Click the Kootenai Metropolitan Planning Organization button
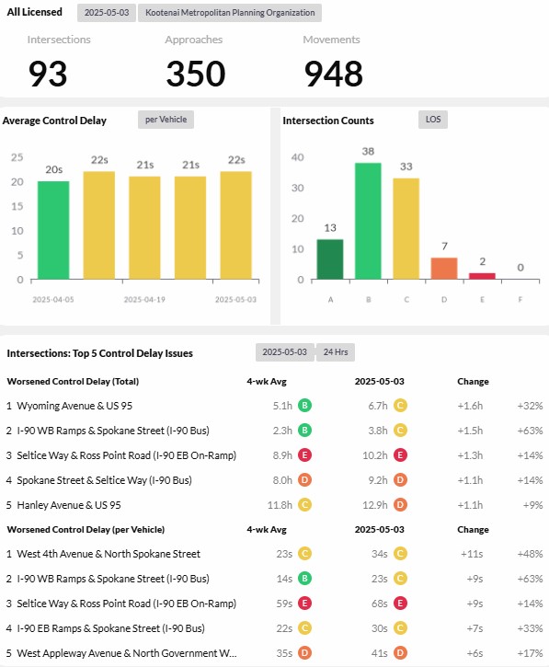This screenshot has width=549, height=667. [x=230, y=13]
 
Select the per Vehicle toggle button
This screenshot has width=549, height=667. [x=166, y=120]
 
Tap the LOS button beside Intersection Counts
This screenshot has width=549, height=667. [x=433, y=120]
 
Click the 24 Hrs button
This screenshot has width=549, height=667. [x=336, y=352]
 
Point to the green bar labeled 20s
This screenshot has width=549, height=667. [x=53, y=230]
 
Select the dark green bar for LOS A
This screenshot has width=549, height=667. [x=330, y=259]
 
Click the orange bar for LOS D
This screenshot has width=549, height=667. [x=444, y=269]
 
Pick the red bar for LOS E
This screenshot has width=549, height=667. [x=482, y=276]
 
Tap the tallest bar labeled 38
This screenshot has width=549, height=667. [x=368, y=221]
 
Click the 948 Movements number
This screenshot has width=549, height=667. [x=334, y=74]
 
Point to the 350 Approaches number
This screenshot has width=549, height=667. [x=196, y=74]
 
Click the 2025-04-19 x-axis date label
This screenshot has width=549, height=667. [x=144, y=300]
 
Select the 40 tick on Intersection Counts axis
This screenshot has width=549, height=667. [x=298, y=157]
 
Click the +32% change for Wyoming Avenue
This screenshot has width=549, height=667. [x=530, y=406]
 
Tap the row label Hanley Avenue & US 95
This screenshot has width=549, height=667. [x=69, y=505]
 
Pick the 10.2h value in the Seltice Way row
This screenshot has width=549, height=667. [x=375, y=455]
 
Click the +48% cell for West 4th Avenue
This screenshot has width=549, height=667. [x=530, y=554]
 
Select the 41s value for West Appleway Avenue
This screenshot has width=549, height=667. [x=379, y=653]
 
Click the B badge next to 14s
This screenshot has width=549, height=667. [x=304, y=579]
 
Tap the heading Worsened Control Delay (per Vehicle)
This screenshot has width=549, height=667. [x=86, y=530]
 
